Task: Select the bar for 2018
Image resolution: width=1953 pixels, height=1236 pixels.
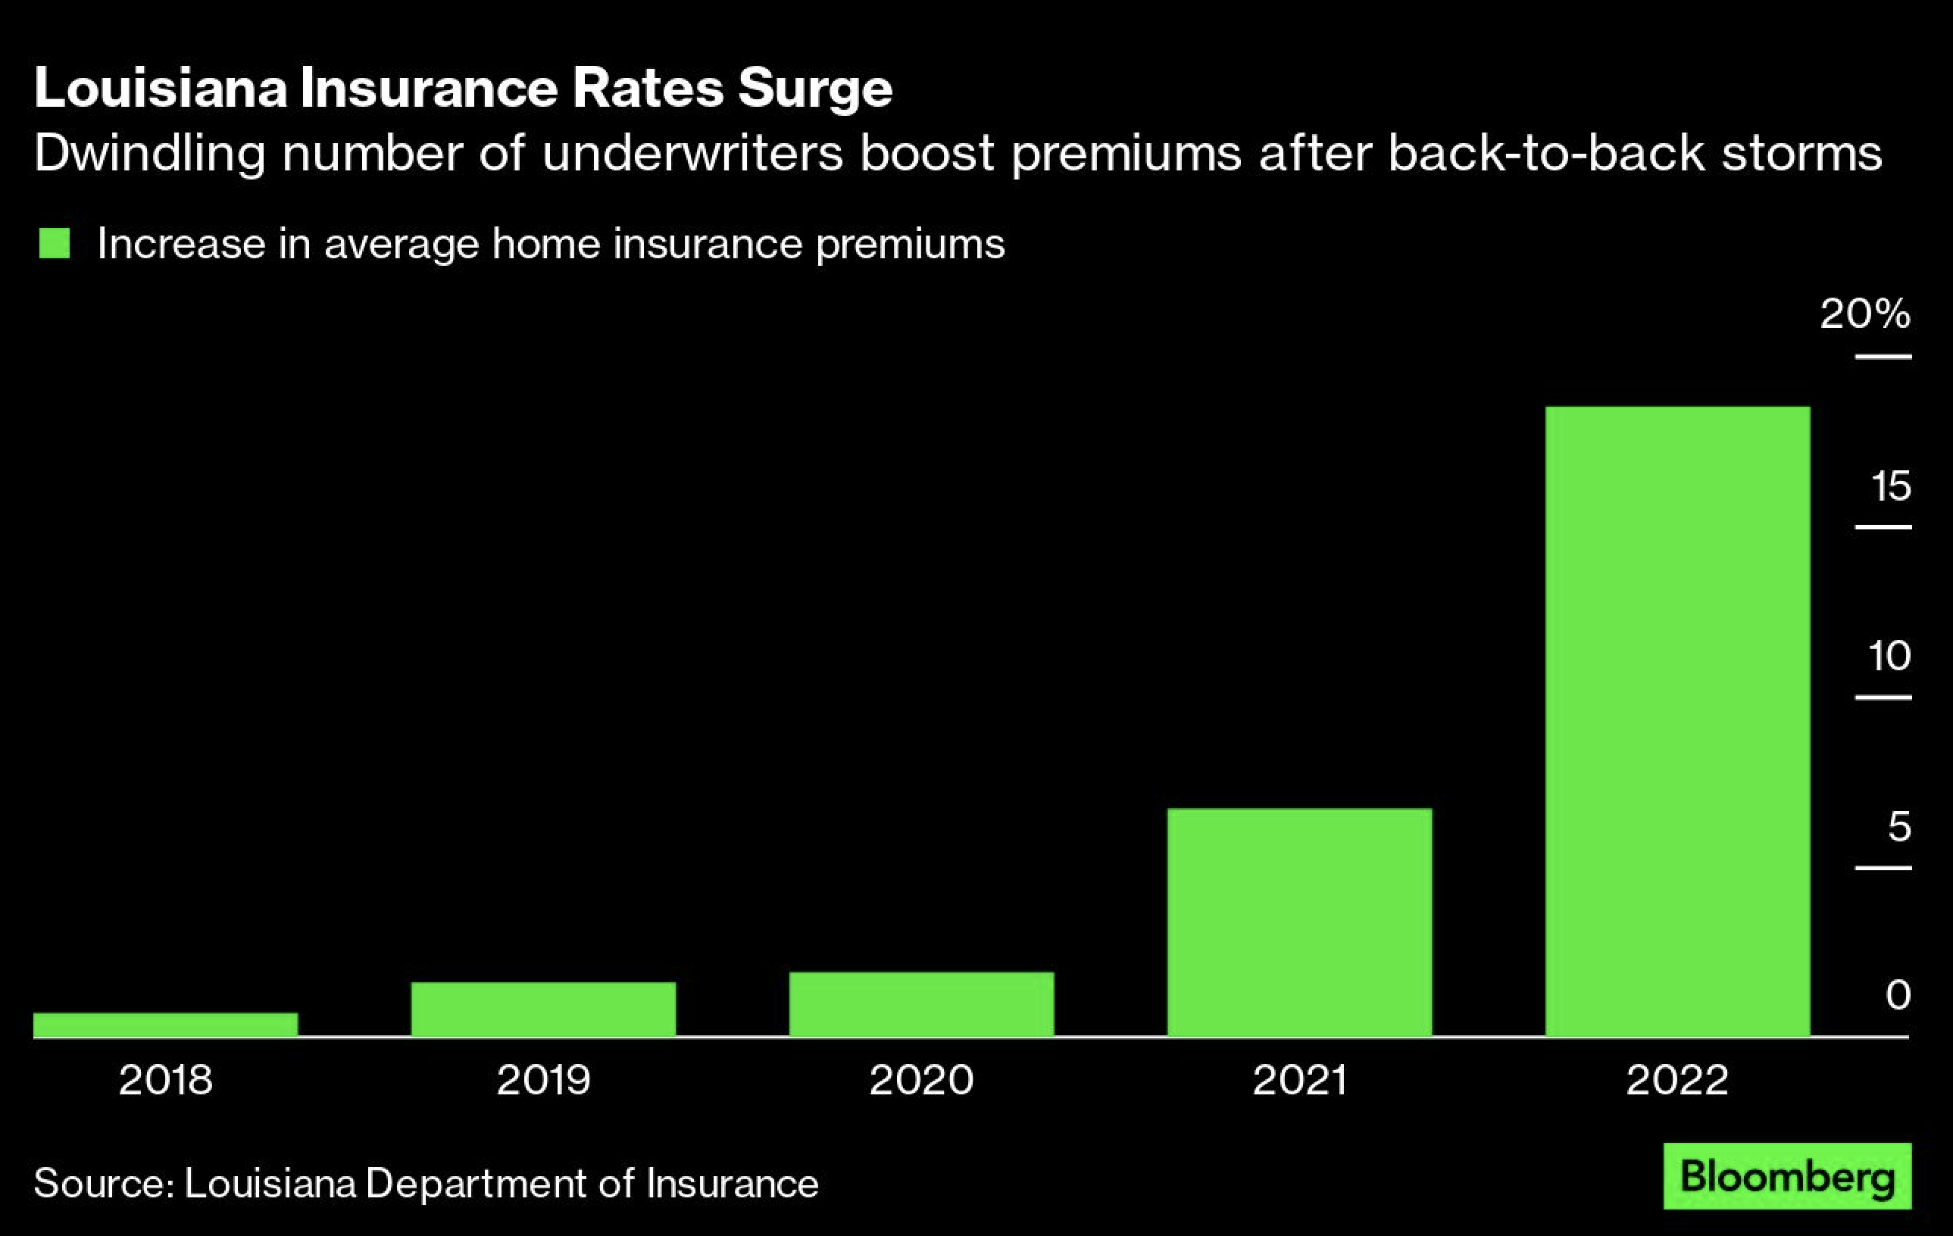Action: pyautogui.click(x=165, y=1025)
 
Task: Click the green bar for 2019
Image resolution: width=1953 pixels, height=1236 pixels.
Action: pyautogui.click(x=543, y=1009)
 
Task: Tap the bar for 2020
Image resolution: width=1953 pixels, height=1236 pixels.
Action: pyautogui.click(x=921, y=1004)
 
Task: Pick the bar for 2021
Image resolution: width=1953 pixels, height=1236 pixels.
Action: pyautogui.click(x=1299, y=922)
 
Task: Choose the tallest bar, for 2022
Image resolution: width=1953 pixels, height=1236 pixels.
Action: pyautogui.click(x=1677, y=721)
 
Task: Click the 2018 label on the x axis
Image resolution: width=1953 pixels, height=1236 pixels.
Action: pyautogui.click(x=165, y=1080)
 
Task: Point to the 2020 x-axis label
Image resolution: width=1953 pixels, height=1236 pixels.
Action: pyautogui.click(x=921, y=1080)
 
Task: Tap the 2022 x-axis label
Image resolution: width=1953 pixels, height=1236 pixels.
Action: pyautogui.click(x=1677, y=1080)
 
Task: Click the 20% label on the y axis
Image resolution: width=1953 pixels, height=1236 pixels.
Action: pyautogui.click(x=1865, y=314)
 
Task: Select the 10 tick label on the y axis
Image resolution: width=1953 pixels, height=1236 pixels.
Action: pyautogui.click(x=1889, y=656)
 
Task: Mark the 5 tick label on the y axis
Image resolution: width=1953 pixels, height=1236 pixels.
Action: pyautogui.click(x=1899, y=827)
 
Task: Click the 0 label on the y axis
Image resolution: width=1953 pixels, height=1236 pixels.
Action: pyautogui.click(x=1898, y=995)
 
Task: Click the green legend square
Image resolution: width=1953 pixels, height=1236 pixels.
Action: pyautogui.click(x=55, y=243)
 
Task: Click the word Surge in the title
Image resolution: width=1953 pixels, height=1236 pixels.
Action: pyautogui.click(x=815, y=88)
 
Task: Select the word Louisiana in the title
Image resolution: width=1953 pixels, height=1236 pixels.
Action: pyautogui.click(x=161, y=88)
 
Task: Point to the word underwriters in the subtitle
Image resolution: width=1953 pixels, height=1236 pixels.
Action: pyautogui.click(x=692, y=153)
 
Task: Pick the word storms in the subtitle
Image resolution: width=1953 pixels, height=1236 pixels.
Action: pyautogui.click(x=1801, y=153)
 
